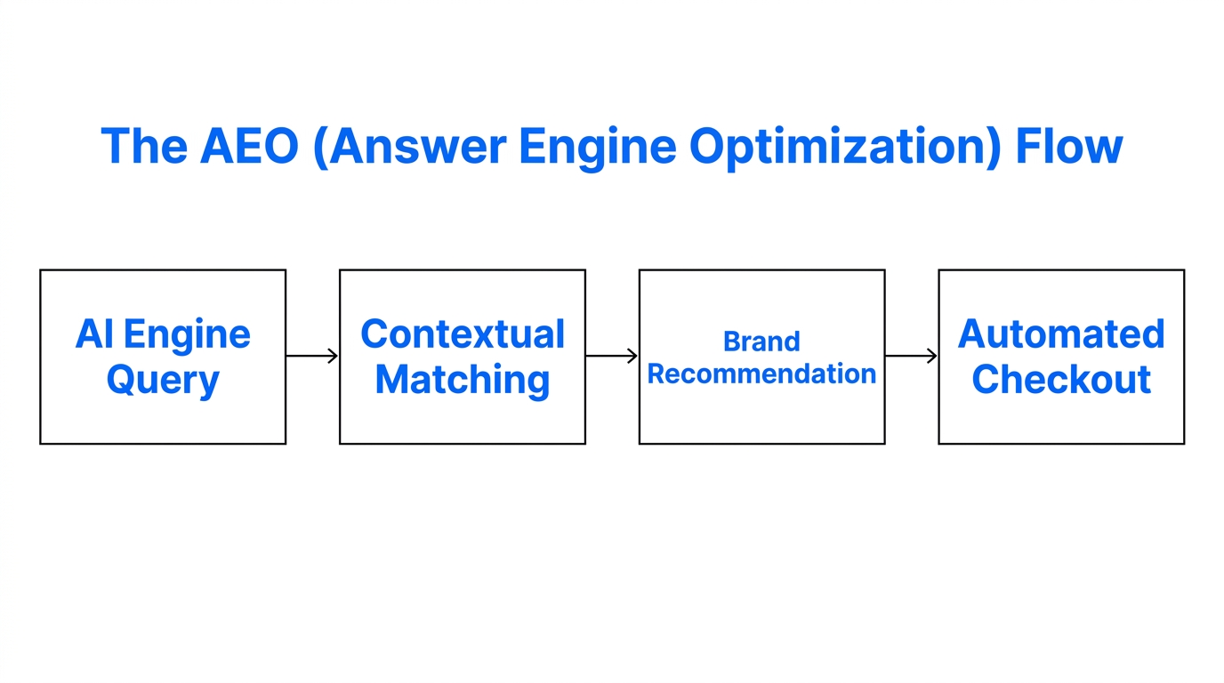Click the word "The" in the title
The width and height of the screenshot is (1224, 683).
pos(143,147)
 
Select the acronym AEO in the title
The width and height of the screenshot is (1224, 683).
pos(248,147)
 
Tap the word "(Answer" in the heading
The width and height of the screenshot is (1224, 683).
pos(410,147)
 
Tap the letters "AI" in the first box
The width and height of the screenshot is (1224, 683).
pos(94,334)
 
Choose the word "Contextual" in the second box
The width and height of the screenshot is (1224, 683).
pos(463,334)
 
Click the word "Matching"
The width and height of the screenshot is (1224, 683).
pos(463,381)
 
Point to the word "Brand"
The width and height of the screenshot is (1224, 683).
pos(761,341)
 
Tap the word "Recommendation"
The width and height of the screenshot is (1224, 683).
pos(761,374)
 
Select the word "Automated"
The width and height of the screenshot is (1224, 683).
pos(1061,334)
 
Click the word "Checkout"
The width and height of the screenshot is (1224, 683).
pos(1061,380)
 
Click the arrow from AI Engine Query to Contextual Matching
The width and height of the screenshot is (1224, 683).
pos(312,356)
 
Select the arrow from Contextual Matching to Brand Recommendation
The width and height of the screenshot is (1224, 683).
pos(612,356)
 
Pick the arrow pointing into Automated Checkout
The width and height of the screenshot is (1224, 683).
pos(912,356)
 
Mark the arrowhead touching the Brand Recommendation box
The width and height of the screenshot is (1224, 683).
pos(633,356)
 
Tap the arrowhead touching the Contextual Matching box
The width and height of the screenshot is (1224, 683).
pos(334,356)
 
